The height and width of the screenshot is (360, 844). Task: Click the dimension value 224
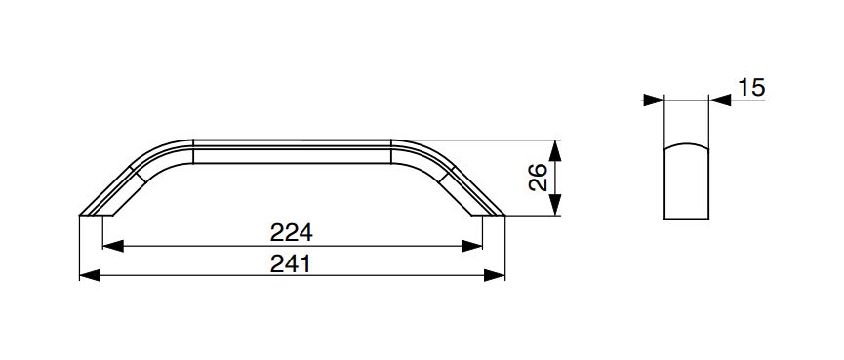tap(291, 233)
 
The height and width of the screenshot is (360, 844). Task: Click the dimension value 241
tap(291, 264)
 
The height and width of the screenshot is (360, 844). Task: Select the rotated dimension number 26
tap(539, 177)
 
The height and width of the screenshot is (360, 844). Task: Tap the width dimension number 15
tap(751, 87)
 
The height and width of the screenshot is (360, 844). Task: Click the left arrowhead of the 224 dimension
tap(113, 247)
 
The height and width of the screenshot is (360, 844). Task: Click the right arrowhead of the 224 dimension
tap(471, 247)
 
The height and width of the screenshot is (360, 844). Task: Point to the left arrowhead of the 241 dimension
tap(90, 275)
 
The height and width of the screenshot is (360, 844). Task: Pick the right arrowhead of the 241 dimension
tap(495, 275)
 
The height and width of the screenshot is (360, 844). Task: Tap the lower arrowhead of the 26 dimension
tap(556, 205)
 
